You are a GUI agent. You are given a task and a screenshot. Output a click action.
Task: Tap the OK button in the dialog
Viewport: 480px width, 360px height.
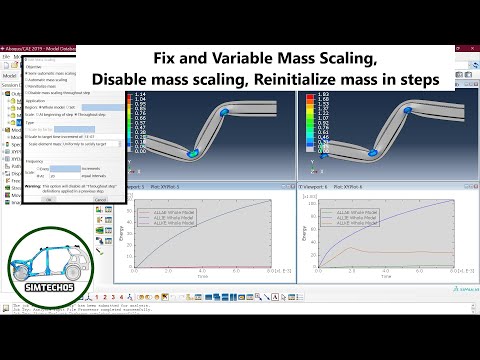[x=50, y=199]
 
